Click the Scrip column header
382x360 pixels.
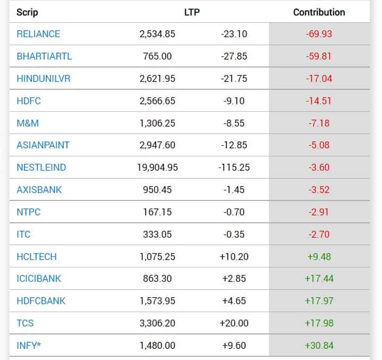pos(27,12)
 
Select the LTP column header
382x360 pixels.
pos(191,12)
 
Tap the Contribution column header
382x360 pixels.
pos(319,12)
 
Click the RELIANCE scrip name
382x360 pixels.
pos(38,34)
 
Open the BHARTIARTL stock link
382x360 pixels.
pos(43,56)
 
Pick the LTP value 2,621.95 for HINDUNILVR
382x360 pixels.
pos(157,79)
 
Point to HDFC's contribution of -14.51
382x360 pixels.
pos(319,101)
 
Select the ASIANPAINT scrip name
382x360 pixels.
pos(43,145)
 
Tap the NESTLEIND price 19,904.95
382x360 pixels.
pos(157,168)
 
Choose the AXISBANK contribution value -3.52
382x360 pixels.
pos(319,190)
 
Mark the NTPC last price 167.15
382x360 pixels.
pos(157,212)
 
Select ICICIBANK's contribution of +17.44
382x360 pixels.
pos(319,279)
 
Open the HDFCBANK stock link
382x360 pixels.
pos(41,301)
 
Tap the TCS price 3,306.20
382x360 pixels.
pos(157,323)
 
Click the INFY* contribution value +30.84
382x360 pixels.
pos(319,346)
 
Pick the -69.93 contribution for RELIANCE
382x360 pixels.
pos(319,34)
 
